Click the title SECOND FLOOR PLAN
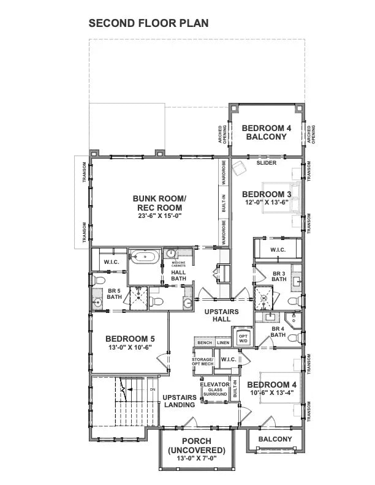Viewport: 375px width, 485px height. point(149,23)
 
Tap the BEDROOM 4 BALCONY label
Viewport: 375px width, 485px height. point(266,132)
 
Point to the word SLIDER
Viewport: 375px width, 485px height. point(267,163)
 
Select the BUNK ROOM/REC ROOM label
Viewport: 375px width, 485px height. point(159,203)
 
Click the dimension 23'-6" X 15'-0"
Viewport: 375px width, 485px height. point(159,216)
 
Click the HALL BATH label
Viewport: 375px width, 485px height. point(178,276)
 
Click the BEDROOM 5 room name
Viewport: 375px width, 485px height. point(130,338)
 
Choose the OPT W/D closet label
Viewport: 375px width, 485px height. point(243,339)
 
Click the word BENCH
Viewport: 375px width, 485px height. point(204,343)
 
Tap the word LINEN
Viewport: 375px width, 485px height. point(223,343)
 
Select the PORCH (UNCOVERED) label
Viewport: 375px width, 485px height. point(197,445)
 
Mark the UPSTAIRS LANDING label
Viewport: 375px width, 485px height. point(180,401)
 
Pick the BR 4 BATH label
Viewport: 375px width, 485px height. point(278,331)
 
